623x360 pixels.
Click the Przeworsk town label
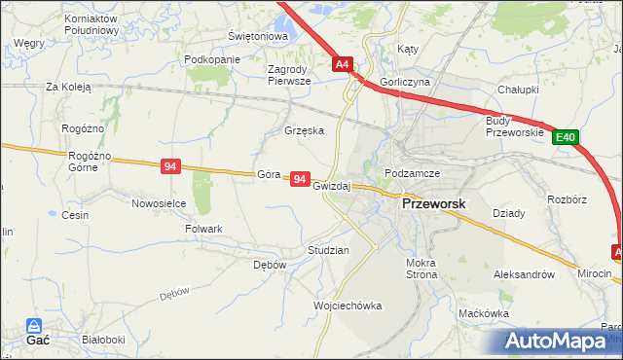click(433, 204)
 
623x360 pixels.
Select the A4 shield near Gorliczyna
click(342, 65)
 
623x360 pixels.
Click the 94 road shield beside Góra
click(300, 180)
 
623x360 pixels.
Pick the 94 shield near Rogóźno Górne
click(171, 167)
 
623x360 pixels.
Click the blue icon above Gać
click(35, 326)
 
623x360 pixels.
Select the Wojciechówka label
click(348, 306)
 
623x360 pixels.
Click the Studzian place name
click(328, 250)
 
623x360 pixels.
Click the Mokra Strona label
click(422, 269)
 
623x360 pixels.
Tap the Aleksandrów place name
click(531, 274)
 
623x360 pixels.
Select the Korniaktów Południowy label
click(91, 24)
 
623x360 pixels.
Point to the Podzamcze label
click(413, 173)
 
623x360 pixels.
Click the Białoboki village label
click(103, 340)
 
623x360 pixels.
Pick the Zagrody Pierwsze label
click(289, 75)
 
